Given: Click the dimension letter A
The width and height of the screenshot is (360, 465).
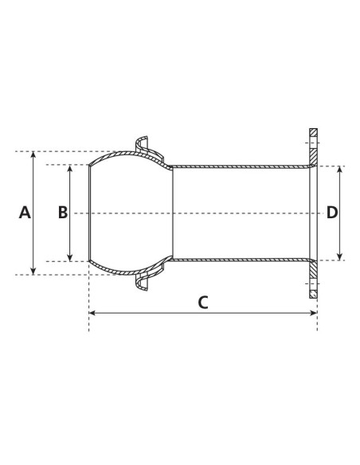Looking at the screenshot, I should (24, 213).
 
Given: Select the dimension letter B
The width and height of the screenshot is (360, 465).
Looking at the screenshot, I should (62, 213).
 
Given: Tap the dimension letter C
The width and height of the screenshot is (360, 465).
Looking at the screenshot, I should (202, 302).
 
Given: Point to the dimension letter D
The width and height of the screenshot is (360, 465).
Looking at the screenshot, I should (332, 213).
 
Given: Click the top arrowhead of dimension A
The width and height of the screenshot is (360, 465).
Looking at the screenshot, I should (33, 154).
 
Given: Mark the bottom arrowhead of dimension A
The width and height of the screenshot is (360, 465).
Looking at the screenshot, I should (33, 271).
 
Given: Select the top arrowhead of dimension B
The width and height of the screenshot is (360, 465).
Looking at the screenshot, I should (70, 168).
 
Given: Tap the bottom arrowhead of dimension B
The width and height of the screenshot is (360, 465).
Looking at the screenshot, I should (70, 257).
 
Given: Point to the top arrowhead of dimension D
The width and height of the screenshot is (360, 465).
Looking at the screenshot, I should (341, 170).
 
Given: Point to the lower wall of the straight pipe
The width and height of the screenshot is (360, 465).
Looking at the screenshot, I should (239, 260).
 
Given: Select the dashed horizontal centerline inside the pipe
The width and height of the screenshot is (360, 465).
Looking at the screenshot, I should (239, 213).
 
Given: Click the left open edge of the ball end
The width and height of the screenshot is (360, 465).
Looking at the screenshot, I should (88, 213).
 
